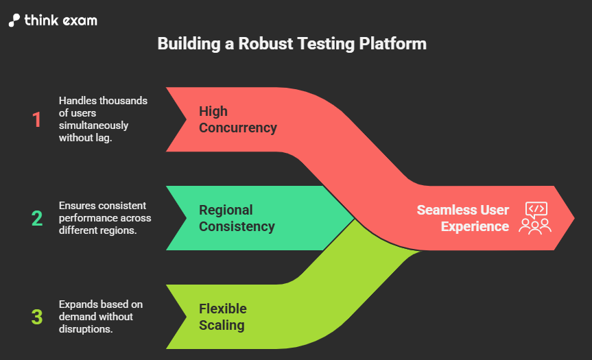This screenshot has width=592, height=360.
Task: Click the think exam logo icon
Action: (x=14, y=20)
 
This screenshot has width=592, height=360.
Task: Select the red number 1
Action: (x=36, y=120)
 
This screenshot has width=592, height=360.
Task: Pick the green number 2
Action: (x=36, y=219)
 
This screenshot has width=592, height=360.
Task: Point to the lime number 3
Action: (x=36, y=317)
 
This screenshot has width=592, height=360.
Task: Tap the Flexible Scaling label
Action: (x=223, y=317)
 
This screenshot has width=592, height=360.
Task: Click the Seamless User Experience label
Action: (x=463, y=217)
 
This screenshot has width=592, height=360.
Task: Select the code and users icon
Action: (x=534, y=217)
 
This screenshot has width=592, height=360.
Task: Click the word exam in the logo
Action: (x=82, y=21)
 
